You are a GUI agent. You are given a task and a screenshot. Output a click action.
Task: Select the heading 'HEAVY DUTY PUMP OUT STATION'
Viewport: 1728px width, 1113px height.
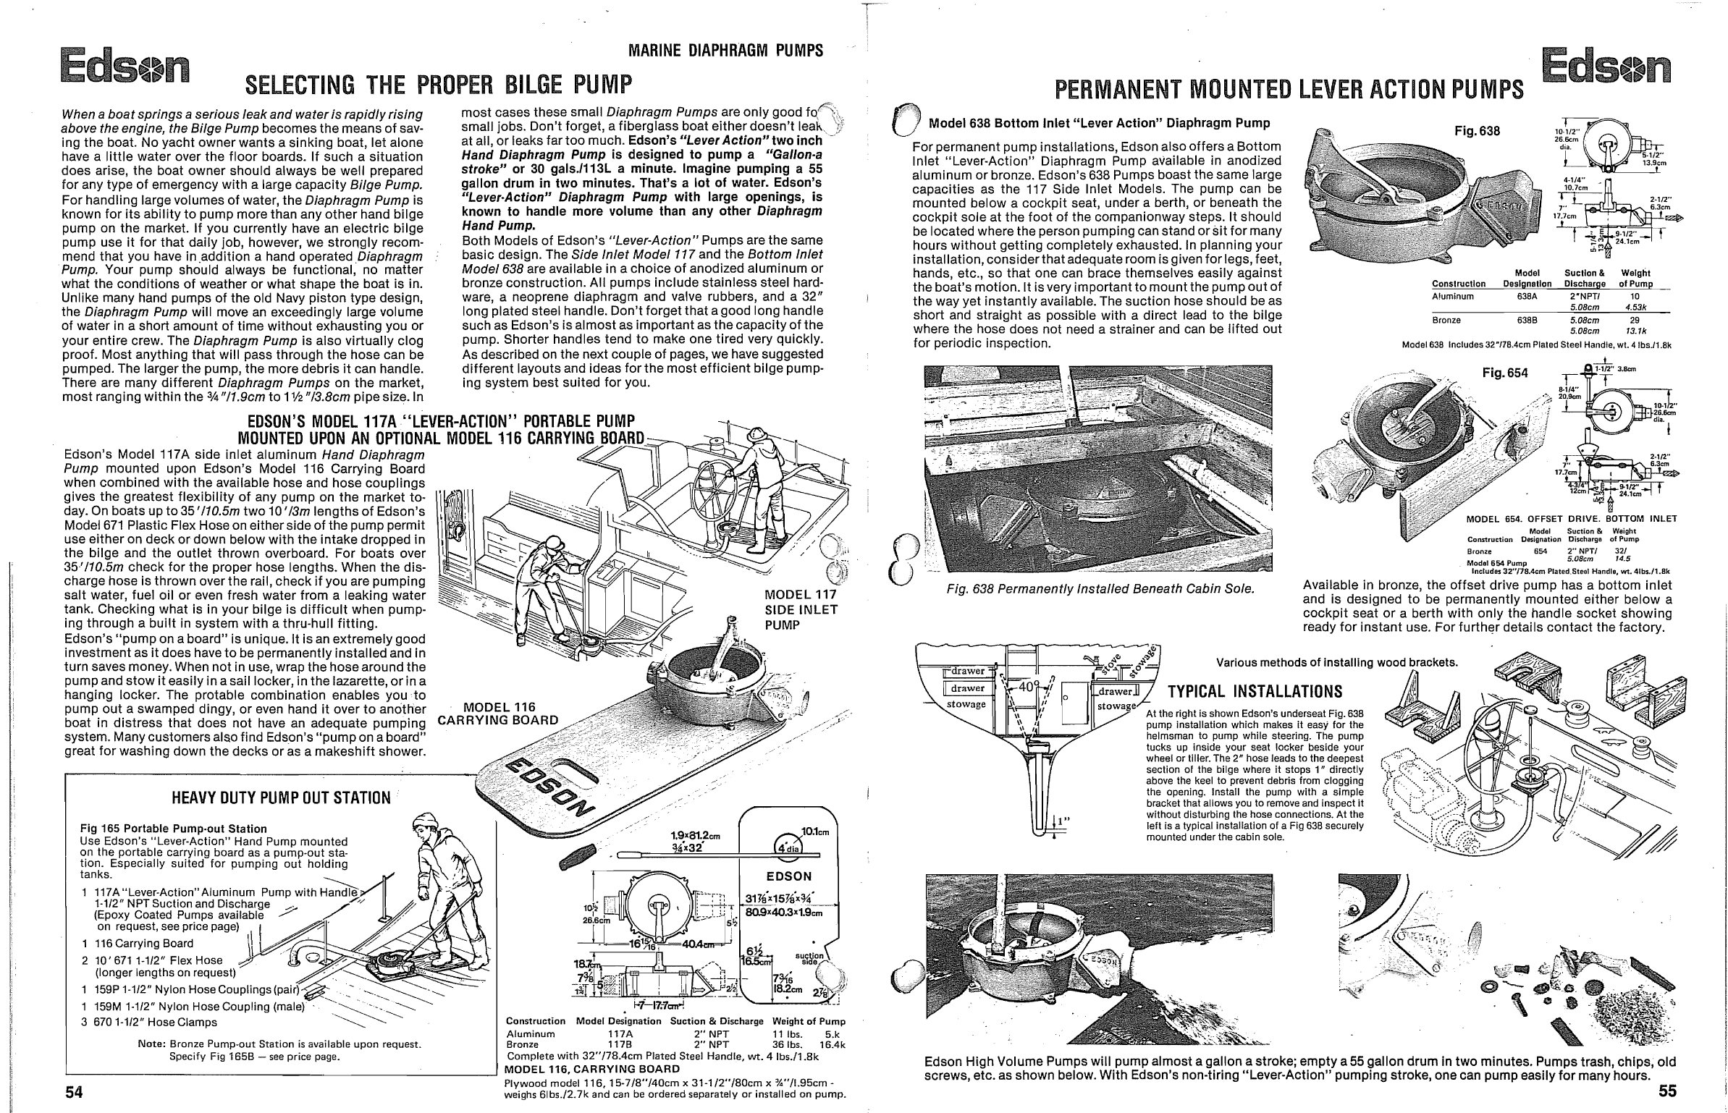[x=281, y=798]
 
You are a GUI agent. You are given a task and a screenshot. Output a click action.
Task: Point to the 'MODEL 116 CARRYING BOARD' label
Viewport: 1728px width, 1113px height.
[x=499, y=714]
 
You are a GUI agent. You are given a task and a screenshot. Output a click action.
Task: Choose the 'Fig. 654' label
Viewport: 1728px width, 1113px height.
[x=1505, y=373]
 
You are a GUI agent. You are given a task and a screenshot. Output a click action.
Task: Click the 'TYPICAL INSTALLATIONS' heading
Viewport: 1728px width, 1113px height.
[x=1255, y=690]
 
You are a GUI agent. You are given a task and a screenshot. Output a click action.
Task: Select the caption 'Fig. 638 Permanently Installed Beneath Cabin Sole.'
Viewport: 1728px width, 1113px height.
[x=1100, y=588]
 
